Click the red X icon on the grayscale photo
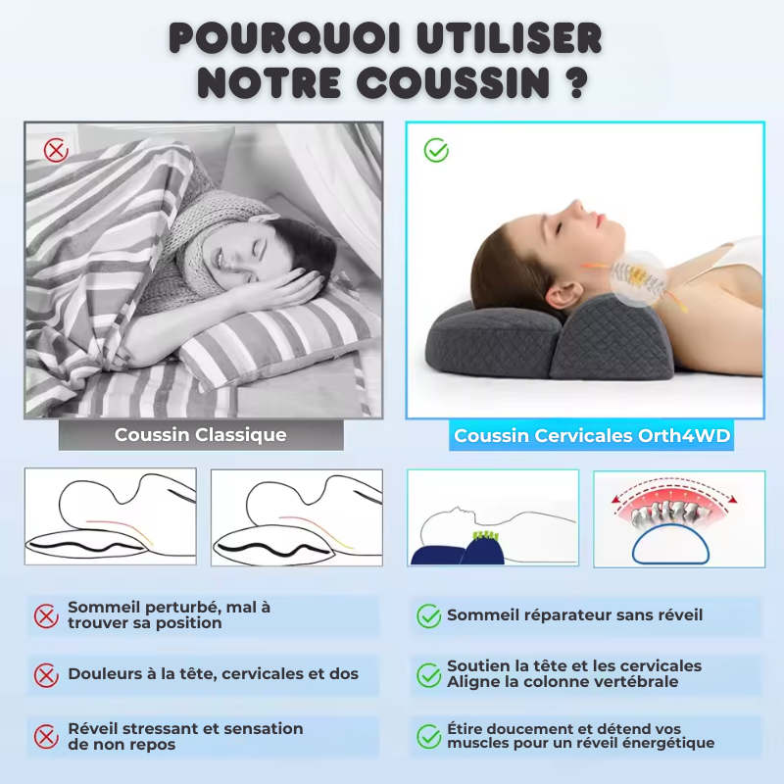tap(56, 150)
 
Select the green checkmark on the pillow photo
tap(436, 150)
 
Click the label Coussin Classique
tap(201, 435)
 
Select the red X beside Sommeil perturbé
tap(46, 615)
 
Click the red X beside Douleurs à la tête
tap(46, 674)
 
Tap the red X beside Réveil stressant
tap(46, 736)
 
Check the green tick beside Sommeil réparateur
tap(428, 615)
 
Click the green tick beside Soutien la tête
tap(428, 674)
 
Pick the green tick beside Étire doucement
tap(428, 736)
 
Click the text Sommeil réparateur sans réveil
tap(574, 615)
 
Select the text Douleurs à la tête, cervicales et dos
tap(213, 674)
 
